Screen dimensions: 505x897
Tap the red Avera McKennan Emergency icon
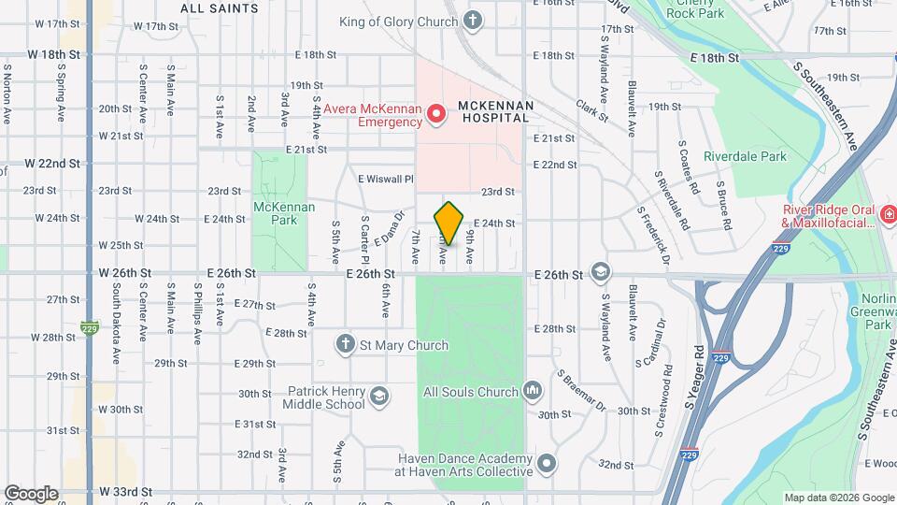(435, 114)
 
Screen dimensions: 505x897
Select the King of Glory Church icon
(474, 20)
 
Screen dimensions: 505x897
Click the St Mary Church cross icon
(346, 345)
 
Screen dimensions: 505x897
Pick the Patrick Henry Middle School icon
(378, 396)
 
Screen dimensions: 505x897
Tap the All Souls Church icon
(533, 389)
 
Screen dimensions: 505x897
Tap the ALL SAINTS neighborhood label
(220, 8)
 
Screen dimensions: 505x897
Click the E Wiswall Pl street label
(385, 178)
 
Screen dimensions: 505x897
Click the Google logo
(30, 493)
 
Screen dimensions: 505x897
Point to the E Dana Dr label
(387, 227)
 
